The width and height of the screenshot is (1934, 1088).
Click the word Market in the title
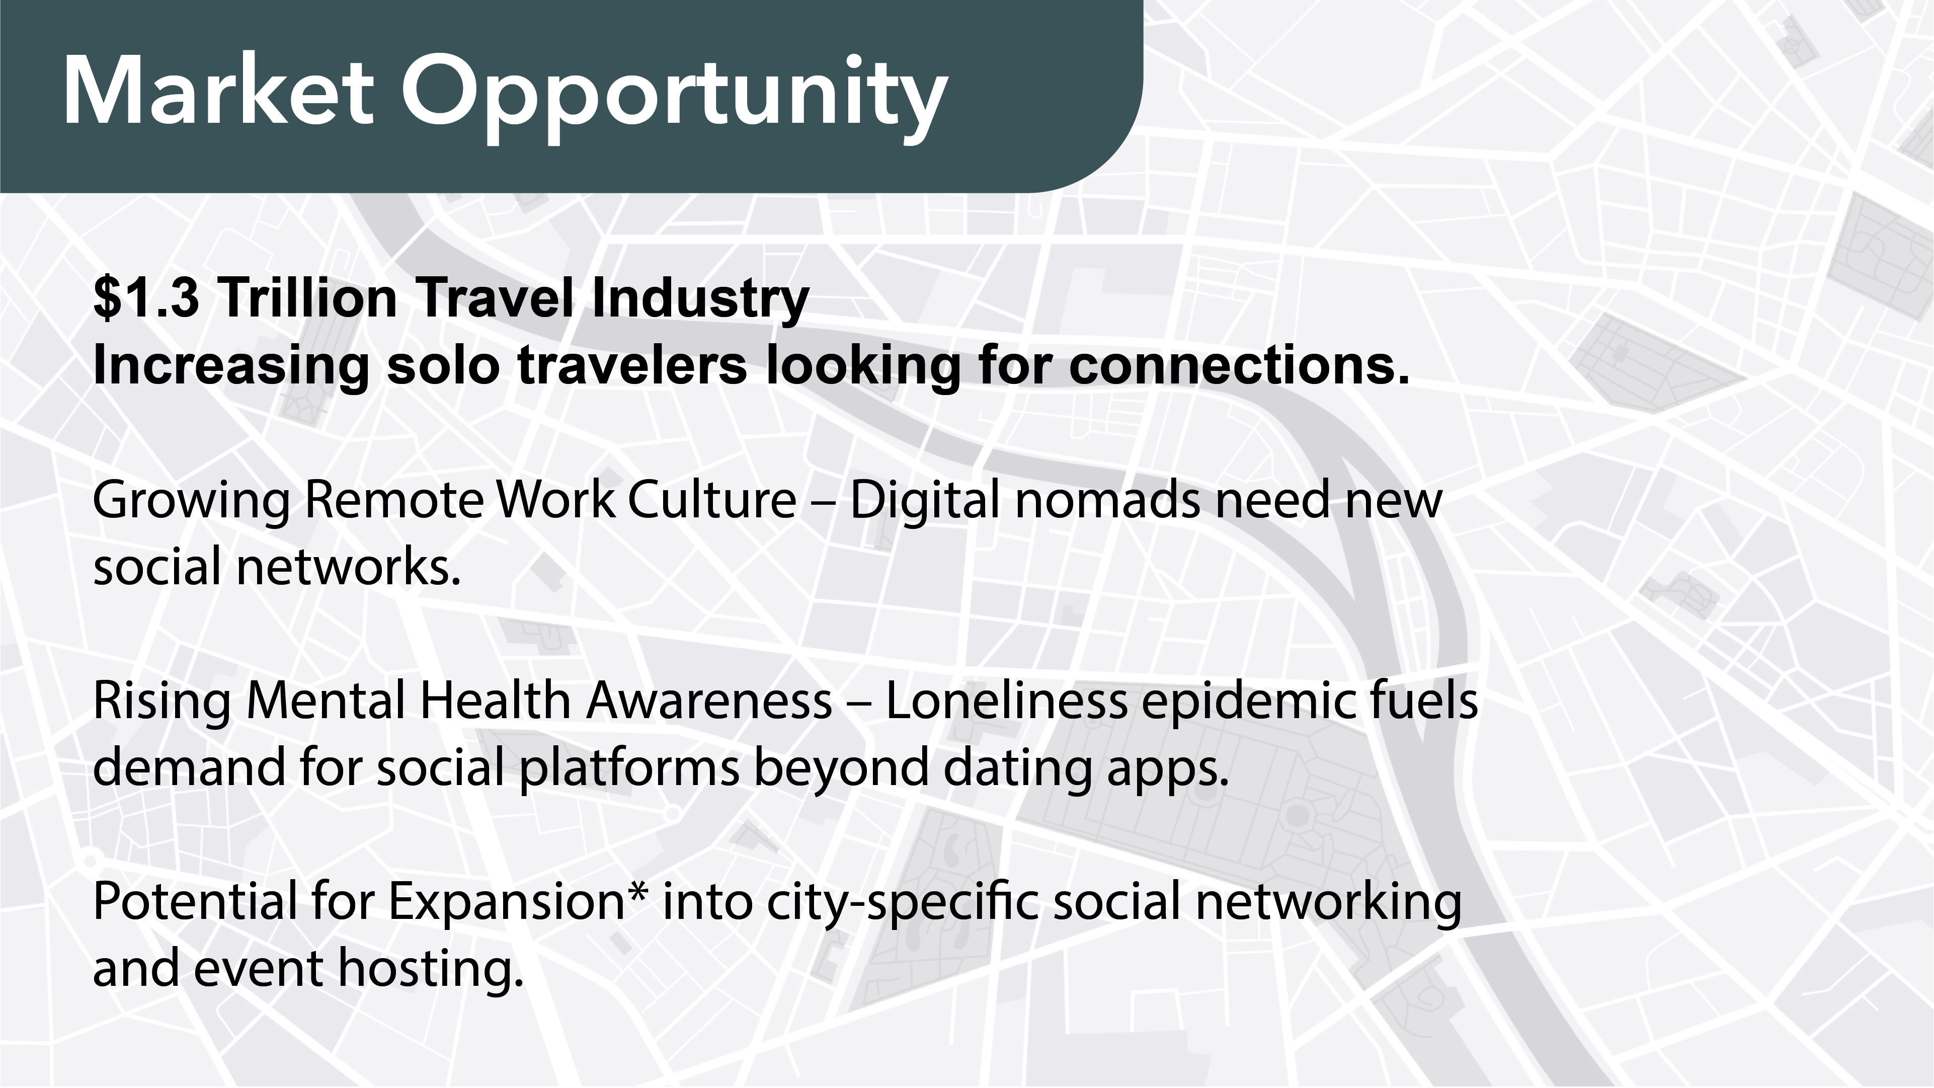[x=218, y=92]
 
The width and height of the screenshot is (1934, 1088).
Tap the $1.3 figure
[x=146, y=297]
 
